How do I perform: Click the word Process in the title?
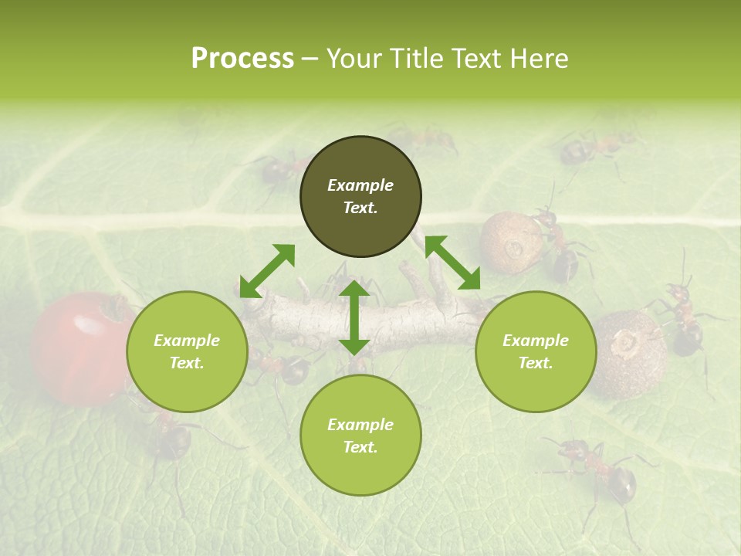(x=242, y=59)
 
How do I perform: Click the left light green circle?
(x=187, y=351)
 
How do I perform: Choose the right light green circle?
(x=536, y=351)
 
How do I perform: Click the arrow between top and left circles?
(x=267, y=271)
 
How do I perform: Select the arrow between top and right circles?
(x=452, y=263)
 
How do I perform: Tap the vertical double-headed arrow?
(x=354, y=317)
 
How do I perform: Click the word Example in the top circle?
(x=360, y=185)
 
